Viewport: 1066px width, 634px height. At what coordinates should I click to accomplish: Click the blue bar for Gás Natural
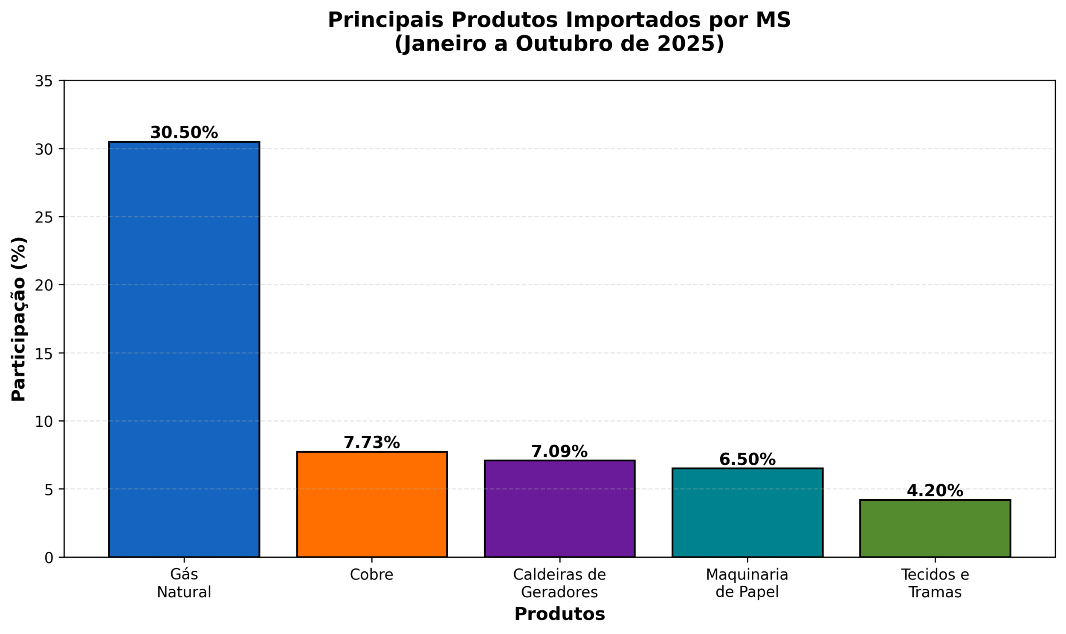click(x=184, y=349)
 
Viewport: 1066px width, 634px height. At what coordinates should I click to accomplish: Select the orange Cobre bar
click(x=372, y=504)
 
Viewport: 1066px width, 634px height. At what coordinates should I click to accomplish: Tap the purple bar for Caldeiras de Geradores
click(x=559, y=508)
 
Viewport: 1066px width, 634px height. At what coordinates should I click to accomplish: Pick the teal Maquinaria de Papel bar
click(x=747, y=512)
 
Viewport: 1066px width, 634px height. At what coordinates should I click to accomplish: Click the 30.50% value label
click(x=184, y=133)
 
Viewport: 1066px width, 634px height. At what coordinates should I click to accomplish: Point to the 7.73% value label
click(x=372, y=443)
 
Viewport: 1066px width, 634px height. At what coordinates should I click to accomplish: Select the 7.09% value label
click(x=559, y=452)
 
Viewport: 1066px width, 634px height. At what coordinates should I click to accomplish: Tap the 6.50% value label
click(x=747, y=460)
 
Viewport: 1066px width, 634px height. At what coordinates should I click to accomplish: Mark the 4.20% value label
click(x=935, y=491)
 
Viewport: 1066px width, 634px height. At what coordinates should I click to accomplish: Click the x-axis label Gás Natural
click(x=184, y=583)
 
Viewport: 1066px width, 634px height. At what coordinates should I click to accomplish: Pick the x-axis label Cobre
click(x=372, y=575)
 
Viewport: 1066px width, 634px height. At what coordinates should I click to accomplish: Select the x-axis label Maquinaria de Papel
click(x=747, y=583)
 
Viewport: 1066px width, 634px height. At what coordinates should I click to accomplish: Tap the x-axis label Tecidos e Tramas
click(x=935, y=583)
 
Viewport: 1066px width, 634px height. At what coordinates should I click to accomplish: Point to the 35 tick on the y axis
click(x=43, y=81)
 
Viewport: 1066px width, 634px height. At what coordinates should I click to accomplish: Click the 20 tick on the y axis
click(x=43, y=285)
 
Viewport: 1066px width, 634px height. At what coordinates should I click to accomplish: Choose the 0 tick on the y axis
click(x=49, y=558)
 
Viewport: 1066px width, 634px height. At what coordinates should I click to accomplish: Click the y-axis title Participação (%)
click(x=19, y=319)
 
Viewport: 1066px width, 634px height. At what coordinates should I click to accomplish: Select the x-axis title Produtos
click(x=559, y=614)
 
